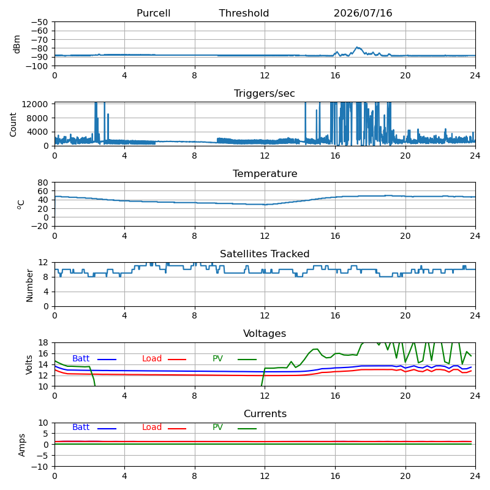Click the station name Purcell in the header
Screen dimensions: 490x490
pyautogui.click(x=154, y=13)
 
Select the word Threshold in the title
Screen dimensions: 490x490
pyautogui.click(x=244, y=13)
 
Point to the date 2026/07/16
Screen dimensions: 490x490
pyautogui.click(x=363, y=13)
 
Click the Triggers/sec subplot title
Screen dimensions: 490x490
pyautogui.click(x=265, y=94)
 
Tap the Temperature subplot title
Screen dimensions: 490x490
pyautogui.click(x=265, y=173)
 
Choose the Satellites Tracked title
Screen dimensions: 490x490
pyautogui.click(x=265, y=254)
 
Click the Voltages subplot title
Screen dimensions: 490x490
pyautogui.click(x=265, y=333)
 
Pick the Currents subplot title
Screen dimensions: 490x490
pyautogui.click(x=265, y=414)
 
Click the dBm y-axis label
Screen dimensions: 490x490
pyautogui.click(x=17, y=44)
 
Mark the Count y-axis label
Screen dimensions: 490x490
pyautogui.click(x=13, y=125)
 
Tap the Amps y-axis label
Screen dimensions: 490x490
pyautogui.click(x=21, y=445)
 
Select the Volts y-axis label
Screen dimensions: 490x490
pyautogui.click(x=29, y=364)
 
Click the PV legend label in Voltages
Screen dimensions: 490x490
pyautogui.click(x=217, y=358)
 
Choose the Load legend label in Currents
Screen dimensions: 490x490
pyautogui.click(x=152, y=427)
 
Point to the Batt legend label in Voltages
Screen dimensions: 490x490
pyautogui.click(x=81, y=358)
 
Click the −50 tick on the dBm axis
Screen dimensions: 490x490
pyautogui.click(x=39, y=22)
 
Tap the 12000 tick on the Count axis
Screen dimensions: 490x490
pyautogui.click(x=34, y=104)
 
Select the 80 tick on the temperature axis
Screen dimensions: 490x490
pyautogui.click(x=43, y=183)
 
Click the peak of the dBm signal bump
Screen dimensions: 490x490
pyautogui.click(x=357, y=47)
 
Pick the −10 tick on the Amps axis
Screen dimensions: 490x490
pyautogui.click(x=39, y=467)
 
